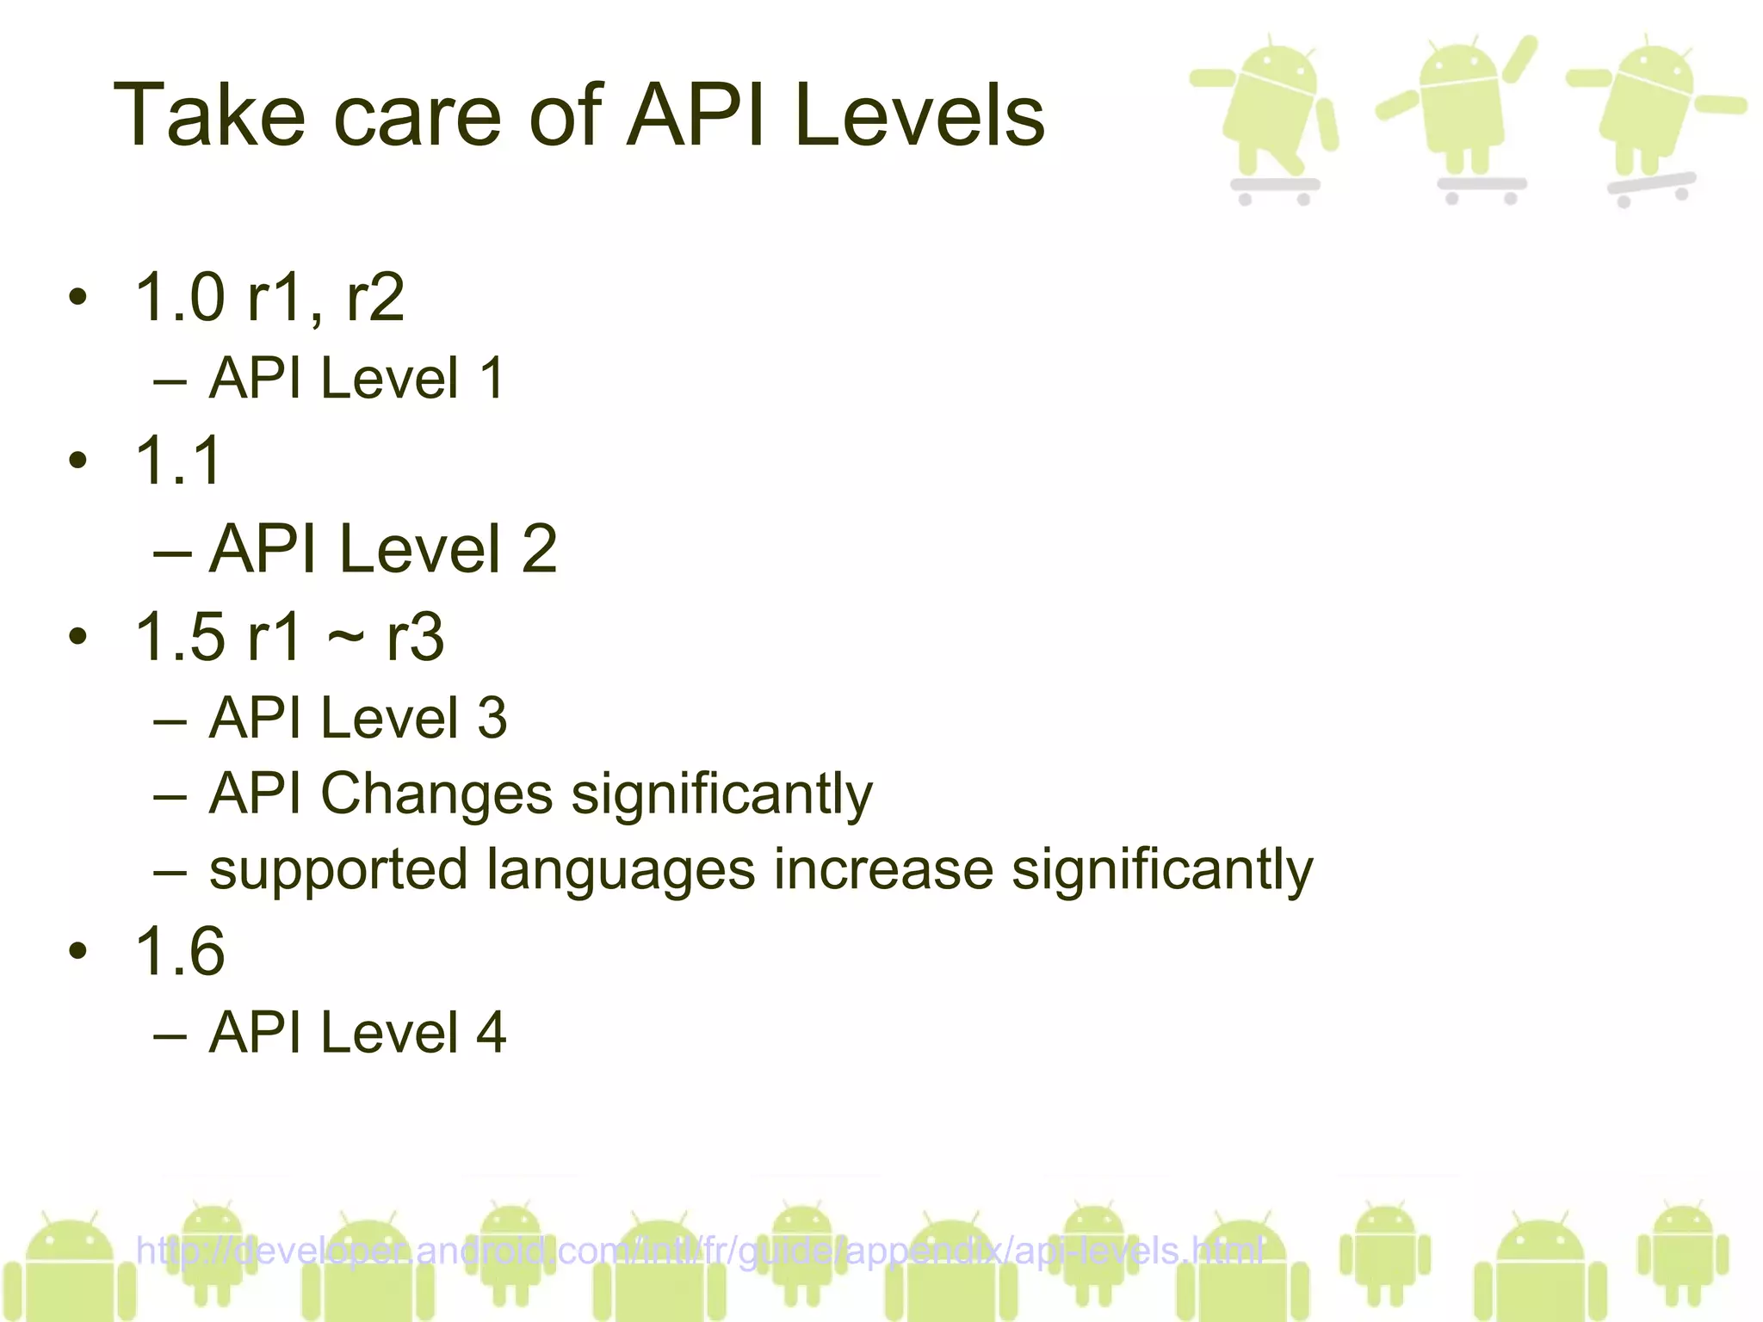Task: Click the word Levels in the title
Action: click(919, 116)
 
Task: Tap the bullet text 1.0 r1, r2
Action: click(269, 298)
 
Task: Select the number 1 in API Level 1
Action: click(492, 378)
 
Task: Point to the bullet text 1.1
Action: click(179, 460)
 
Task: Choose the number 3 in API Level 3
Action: click(492, 718)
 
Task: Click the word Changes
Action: click(436, 794)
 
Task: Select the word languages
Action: click(620, 869)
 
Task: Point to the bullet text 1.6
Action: click(180, 951)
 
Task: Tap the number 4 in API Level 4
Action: click(492, 1032)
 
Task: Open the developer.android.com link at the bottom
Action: click(699, 1251)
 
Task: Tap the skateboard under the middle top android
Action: click(1481, 186)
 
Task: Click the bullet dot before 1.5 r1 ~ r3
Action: click(78, 638)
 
